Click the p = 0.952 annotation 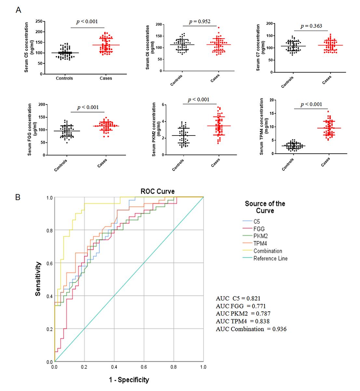coord(200,21)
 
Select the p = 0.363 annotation coord(311,26)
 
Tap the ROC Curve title coord(157,191)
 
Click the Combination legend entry coord(268,251)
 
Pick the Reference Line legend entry coord(270,258)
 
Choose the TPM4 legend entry coord(260,243)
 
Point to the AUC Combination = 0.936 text coord(251,329)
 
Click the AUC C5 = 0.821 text coord(238,298)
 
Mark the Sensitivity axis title coord(38,279)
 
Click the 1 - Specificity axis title coord(129,380)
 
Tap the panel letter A coord(19,10)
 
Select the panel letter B coord(18,197)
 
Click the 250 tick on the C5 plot coord(39,21)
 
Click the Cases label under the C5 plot coord(106,78)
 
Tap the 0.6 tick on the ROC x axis coord(144,367)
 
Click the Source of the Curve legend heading coord(265,207)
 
